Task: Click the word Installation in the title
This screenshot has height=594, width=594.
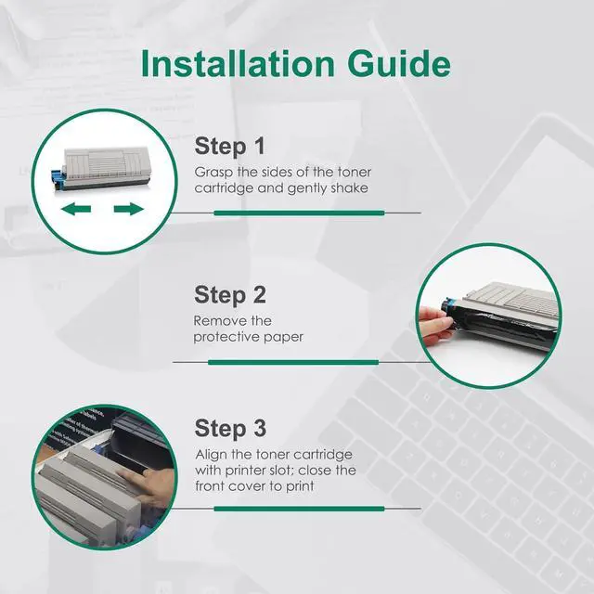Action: click(x=238, y=63)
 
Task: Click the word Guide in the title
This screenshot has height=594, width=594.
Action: click(x=399, y=63)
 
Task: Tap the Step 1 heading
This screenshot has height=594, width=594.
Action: click(x=229, y=147)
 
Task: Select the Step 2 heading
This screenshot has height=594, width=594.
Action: click(x=230, y=295)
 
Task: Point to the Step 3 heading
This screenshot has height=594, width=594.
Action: click(x=230, y=428)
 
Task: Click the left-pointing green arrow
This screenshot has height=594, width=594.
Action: click(x=76, y=209)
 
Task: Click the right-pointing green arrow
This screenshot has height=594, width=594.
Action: click(x=129, y=209)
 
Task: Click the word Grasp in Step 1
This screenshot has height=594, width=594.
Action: click(x=213, y=173)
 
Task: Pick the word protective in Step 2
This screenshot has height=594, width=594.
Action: click(x=226, y=337)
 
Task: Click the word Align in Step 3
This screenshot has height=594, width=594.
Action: click(x=211, y=455)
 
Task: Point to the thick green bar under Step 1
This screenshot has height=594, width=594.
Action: click(x=299, y=213)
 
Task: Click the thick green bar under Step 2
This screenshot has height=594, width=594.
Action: click(x=293, y=363)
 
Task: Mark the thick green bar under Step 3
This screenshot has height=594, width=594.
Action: click(x=299, y=509)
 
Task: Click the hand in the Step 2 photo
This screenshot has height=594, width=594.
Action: click(x=436, y=325)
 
